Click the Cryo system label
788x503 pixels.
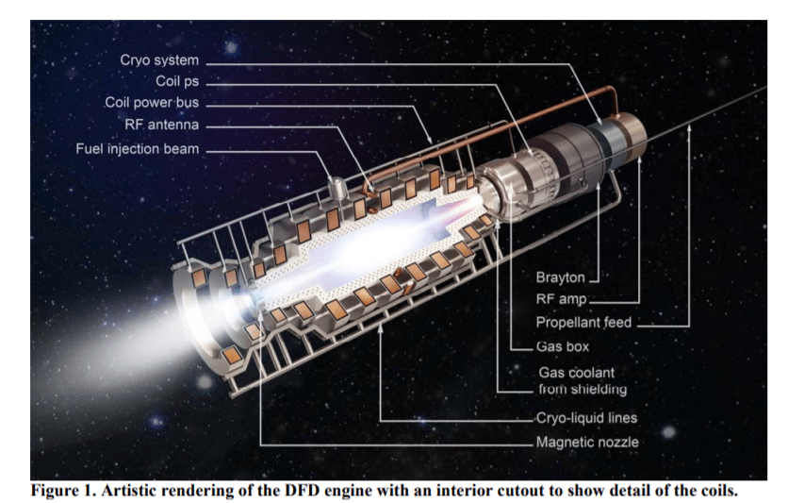pyautogui.click(x=159, y=60)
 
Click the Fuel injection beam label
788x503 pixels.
pyautogui.click(x=138, y=149)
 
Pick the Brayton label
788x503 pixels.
pyautogui.click(x=561, y=277)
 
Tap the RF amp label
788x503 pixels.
pyautogui.click(x=561, y=299)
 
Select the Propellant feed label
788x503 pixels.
pyautogui.click(x=583, y=323)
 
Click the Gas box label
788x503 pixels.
pyautogui.click(x=563, y=346)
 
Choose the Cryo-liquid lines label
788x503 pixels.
pyautogui.click(x=586, y=418)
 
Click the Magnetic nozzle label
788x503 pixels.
pyautogui.click(x=587, y=442)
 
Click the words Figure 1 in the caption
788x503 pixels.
pyautogui.click(x=70, y=490)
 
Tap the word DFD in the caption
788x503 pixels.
pyautogui.click(x=330, y=490)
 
